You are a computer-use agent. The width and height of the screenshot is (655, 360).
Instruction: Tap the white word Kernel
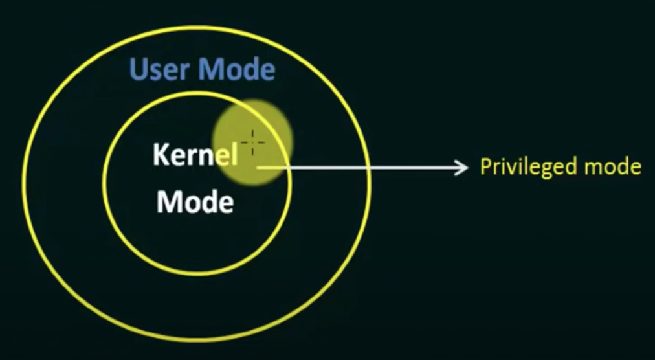[195, 155]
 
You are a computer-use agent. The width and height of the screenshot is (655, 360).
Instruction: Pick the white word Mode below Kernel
[195, 203]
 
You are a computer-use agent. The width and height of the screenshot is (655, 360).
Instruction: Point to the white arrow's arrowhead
[463, 168]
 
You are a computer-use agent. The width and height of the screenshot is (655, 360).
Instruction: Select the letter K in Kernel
[161, 155]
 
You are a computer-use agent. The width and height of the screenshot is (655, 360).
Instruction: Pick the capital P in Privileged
[485, 167]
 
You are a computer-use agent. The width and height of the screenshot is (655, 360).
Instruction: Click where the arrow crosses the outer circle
[370, 168]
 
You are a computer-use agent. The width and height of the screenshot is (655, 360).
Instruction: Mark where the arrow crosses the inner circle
[291, 168]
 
